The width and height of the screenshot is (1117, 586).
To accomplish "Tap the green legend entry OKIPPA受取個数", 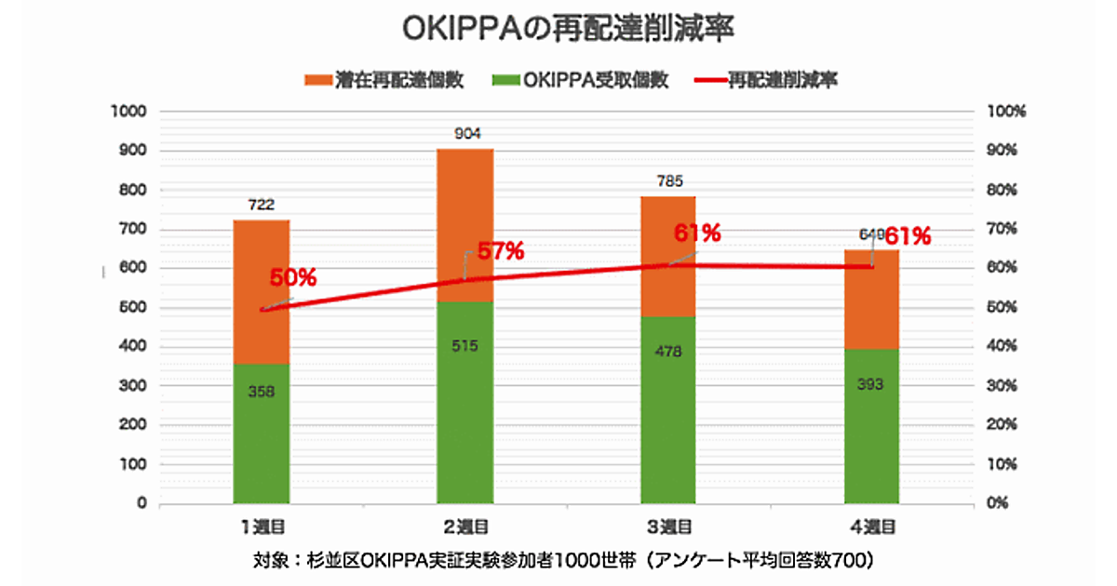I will coord(581,80).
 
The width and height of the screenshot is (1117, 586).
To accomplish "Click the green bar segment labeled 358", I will coord(262,433).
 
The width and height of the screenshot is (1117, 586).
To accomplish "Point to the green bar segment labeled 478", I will coord(668,410).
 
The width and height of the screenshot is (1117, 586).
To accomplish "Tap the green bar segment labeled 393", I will coord(872,426).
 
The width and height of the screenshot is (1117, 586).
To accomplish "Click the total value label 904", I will coord(466,134).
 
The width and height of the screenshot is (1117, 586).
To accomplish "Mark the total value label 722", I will coord(262,205).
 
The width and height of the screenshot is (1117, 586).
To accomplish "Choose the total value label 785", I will coord(669,180).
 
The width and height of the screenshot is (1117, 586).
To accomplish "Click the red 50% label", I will coord(293,277).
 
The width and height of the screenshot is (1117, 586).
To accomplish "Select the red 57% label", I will coord(501,251).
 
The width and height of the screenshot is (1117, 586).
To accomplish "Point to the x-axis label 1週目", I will coord(262,527).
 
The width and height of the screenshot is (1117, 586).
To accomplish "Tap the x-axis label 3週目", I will coord(669,527).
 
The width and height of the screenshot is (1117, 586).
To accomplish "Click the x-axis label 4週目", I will coord(872,527).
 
